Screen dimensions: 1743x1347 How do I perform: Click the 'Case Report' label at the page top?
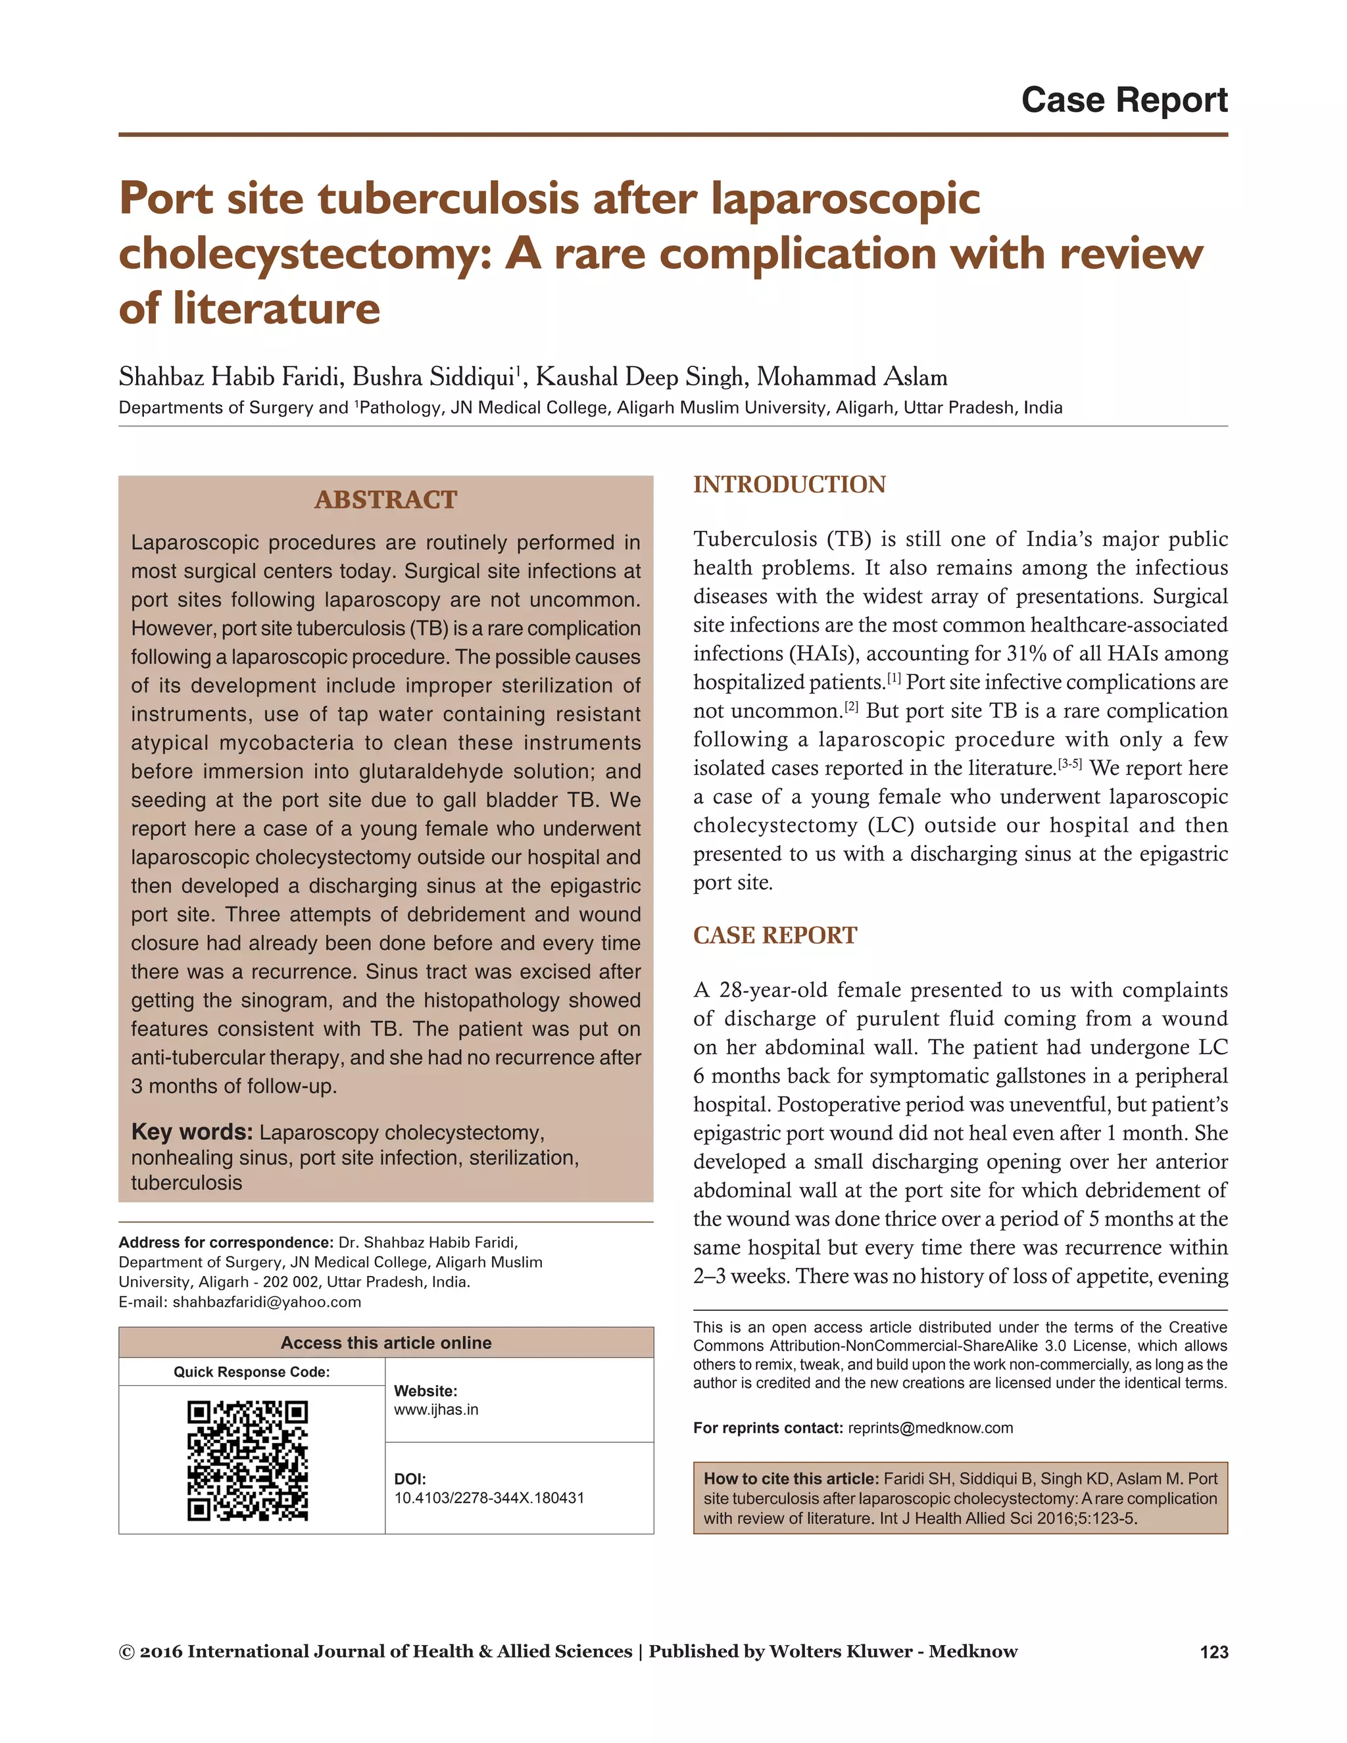tap(1123, 101)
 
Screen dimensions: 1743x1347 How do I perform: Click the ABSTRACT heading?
tap(385, 500)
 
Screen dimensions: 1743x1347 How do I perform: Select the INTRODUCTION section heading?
tap(789, 485)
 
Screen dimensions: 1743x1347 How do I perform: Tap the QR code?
tap(247, 1460)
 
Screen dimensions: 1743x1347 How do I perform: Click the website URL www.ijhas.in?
tap(435, 1410)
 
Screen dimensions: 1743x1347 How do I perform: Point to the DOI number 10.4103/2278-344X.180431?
tap(489, 1497)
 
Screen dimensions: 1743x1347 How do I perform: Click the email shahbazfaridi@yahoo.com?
tap(266, 1302)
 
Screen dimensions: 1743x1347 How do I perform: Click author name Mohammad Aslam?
tap(852, 377)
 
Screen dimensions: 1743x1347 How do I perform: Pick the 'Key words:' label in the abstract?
tap(191, 1132)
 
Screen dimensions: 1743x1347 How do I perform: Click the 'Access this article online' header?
tap(385, 1342)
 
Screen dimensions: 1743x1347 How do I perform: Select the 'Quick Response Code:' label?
tap(251, 1372)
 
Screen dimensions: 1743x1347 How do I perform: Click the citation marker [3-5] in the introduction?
tap(1069, 764)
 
